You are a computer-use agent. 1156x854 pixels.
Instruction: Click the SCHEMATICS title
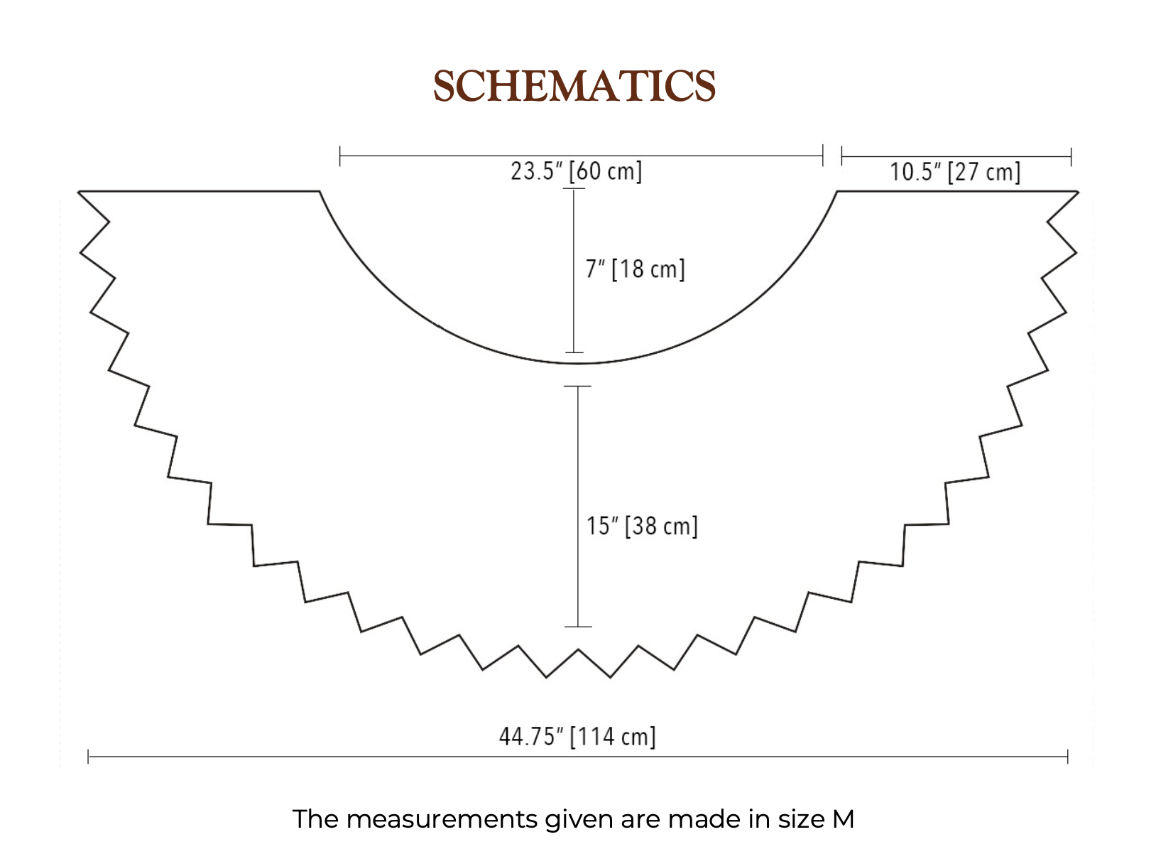[574, 86]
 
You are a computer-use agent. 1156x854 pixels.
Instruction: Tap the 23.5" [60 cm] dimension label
[576, 172]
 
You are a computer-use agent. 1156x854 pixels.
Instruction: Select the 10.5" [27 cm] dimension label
[955, 172]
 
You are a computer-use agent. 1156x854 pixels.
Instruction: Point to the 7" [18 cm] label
[635, 269]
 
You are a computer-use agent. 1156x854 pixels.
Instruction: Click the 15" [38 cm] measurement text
[642, 526]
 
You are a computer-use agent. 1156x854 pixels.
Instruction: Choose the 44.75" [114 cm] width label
[577, 736]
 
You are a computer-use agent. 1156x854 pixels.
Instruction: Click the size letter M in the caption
[843, 819]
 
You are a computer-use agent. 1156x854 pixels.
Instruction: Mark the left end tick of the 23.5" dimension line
[340, 156]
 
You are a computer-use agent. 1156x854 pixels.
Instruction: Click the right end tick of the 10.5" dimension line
[1071, 156]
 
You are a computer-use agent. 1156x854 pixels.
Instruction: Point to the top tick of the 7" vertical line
[574, 188]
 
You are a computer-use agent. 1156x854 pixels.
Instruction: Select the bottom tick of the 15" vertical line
[578, 627]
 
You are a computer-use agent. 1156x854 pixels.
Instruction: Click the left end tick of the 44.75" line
[88, 757]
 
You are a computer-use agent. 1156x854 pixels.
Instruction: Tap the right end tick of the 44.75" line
[1067, 757]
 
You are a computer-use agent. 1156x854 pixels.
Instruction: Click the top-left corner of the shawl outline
[78, 191]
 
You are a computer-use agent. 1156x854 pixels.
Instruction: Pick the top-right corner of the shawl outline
[1078, 191]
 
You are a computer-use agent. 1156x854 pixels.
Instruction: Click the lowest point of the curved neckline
[578, 364]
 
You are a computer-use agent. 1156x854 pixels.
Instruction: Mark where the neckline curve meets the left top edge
[319, 191]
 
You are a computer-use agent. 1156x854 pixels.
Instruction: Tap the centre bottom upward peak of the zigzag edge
[579, 649]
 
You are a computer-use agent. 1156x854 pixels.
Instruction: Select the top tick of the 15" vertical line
[578, 387]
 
